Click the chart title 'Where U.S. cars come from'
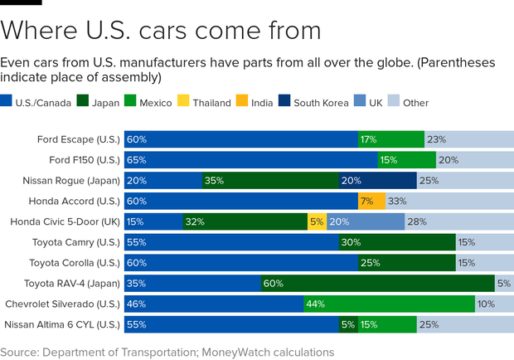coord(161,30)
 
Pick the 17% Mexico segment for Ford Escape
coord(390,139)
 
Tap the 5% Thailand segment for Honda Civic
coord(317,221)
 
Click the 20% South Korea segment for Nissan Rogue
coord(377,180)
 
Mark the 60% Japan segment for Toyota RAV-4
coord(377,283)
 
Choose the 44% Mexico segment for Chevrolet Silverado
coord(389,304)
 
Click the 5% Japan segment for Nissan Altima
coord(348,324)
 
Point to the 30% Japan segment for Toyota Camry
coord(396,242)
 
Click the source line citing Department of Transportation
coord(167,352)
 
